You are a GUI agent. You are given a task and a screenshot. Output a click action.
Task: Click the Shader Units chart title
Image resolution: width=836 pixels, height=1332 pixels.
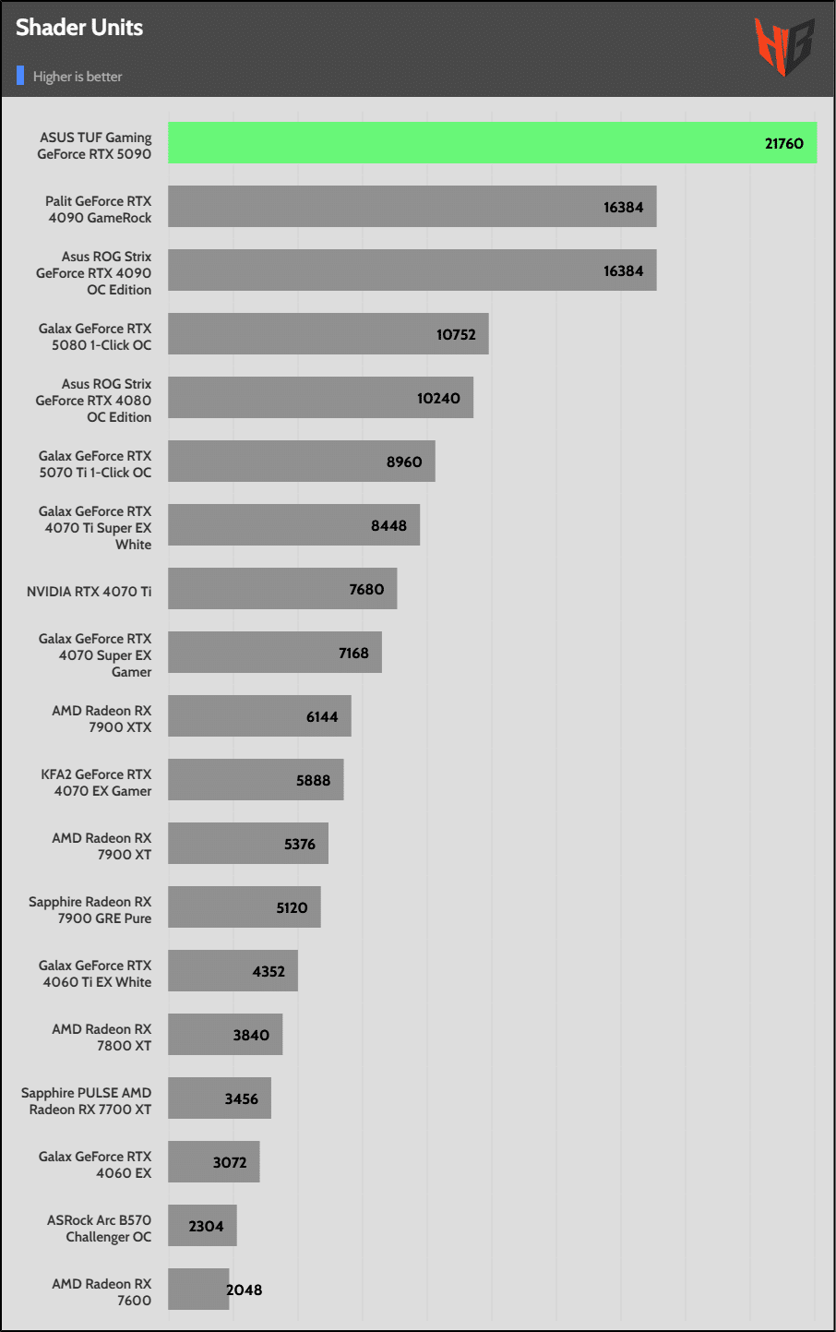(x=79, y=28)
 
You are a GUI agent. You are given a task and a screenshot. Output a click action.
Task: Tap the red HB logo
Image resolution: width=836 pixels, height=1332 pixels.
(x=784, y=46)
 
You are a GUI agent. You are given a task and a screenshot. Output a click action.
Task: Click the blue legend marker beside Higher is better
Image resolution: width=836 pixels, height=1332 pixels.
(x=20, y=76)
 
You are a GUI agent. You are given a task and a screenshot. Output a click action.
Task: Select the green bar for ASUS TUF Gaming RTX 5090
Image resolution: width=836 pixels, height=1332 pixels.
(x=461, y=143)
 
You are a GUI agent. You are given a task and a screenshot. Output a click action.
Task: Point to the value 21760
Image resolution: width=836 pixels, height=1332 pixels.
(x=783, y=143)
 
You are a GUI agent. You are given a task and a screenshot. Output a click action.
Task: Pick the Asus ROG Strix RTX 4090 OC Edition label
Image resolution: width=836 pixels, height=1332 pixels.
(x=94, y=273)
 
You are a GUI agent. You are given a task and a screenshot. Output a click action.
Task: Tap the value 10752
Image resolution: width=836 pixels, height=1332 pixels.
(x=456, y=334)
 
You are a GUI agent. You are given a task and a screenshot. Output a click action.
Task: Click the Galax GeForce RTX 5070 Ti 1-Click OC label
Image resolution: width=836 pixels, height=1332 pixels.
(x=95, y=464)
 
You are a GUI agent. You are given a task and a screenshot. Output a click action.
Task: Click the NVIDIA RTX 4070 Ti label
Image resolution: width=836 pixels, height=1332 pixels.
(x=89, y=592)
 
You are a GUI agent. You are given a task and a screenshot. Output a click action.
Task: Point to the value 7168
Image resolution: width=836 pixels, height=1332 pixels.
(x=353, y=653)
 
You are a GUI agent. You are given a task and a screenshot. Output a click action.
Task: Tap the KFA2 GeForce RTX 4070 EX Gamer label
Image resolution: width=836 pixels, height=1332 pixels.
(x=96, y=783)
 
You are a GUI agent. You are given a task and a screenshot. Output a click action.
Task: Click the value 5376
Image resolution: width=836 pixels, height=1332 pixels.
(x=300, y=844)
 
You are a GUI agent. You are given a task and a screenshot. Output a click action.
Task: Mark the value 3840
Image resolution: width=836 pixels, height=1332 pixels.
(x=251, y=1035)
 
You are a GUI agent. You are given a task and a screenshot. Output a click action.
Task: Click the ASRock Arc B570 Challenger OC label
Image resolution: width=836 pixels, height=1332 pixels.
(x=100, y=1229)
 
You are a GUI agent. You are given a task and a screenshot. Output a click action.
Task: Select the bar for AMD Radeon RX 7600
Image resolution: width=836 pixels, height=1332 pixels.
(x=197, y=1290)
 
